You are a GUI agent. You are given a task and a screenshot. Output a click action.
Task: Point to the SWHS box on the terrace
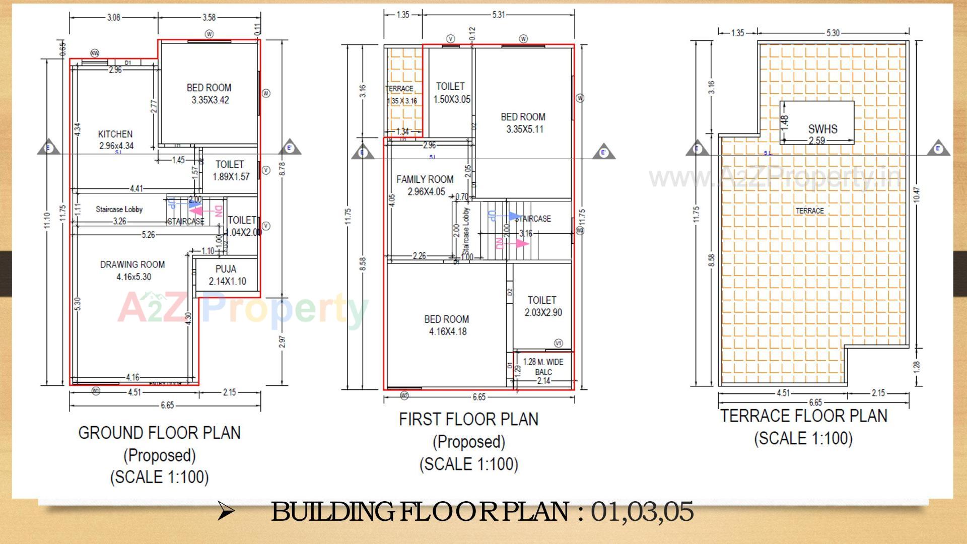click(x=817, y=122)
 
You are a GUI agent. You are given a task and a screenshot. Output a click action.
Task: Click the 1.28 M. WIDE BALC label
click(x=543, y=367)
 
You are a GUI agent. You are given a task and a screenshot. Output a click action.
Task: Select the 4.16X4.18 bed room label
click(x=447, y=325)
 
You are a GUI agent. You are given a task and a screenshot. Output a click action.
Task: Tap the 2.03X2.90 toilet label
click(x=543, y=306)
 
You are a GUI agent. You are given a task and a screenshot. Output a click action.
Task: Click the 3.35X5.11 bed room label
click(x=523, y=123)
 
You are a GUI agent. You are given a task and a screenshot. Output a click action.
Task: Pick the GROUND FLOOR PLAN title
click(x=159, y=433)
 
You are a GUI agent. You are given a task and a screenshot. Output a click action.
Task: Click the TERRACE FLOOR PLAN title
click(x=804, y=416)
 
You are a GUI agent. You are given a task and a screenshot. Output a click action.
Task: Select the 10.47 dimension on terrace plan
click(x=917, y=195)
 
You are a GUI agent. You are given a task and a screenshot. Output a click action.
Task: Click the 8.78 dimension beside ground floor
click(x=283, y=168)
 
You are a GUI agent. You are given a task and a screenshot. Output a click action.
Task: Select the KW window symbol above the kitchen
click(x=95, y=53)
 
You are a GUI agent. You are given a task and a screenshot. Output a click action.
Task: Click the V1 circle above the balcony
click(x=559, y=343)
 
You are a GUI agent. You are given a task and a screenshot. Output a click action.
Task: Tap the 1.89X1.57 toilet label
click(x=231, y=171)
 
